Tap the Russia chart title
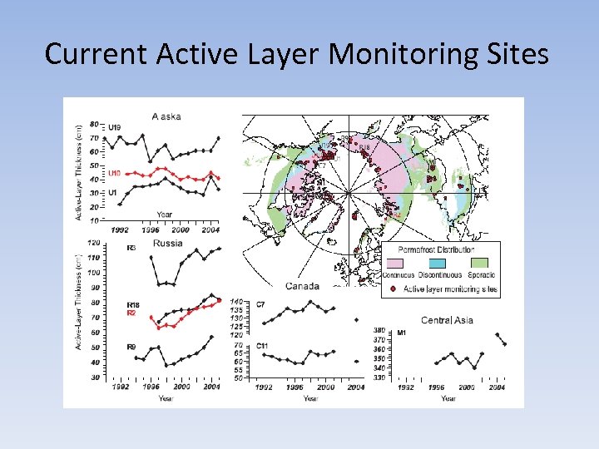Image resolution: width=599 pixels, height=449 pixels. (167, 244)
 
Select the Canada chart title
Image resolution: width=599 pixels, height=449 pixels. (302, 286)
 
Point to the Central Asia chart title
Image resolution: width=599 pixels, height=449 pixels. (447, 320)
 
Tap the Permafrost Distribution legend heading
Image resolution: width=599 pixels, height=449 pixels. (436, 249)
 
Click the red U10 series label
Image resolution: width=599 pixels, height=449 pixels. (115, 173)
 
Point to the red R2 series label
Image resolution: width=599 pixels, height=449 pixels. (131, 313)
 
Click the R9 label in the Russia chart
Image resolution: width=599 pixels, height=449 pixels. (131, 346)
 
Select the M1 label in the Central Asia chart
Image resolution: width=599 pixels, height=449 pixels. (401, 333)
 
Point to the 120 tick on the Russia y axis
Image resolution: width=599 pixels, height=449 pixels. (93, 244)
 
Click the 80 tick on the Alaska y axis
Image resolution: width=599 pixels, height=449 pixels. (94, 123)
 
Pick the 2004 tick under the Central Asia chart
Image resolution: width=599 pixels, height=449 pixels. (496, 387)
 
